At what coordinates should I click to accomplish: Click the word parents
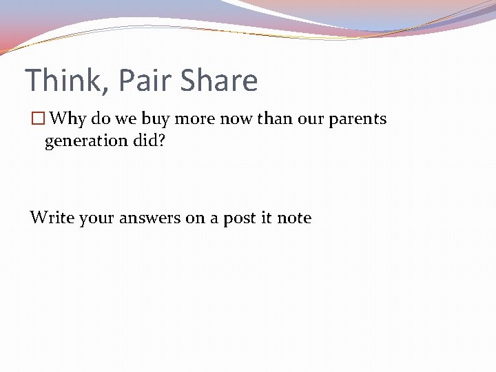(358, 119)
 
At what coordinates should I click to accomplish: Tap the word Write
(52, 218)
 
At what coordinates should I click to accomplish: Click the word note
(294, 218)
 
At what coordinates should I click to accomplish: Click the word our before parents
(312, 119)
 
